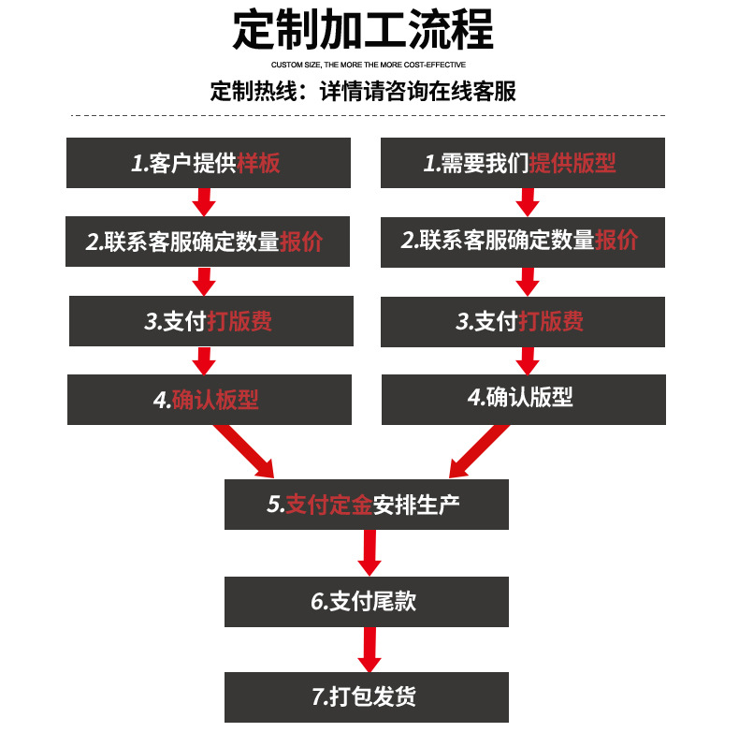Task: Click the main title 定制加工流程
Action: (x=363, y=30)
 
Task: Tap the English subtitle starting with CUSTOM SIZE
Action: (x=369, y=66)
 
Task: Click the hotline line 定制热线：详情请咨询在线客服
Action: (x=363, y=92)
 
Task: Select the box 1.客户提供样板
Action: (x=209, y=163)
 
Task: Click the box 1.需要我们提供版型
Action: (x=523, y=163)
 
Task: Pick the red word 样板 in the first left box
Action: (x=259, y=163)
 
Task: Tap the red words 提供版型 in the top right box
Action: (x=572, y=163)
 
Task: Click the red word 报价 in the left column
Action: (x=301, y=242)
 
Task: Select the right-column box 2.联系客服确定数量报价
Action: (x=523, y=242)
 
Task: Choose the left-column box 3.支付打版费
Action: (x=210, y=321)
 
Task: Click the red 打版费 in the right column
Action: (x=551, y=321)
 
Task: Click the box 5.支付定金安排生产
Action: (x=367, y=505)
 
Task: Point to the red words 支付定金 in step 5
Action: (x=328, y=505)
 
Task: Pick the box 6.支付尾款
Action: (x=367, y=601)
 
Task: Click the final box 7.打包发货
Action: (x=367, y=697)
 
